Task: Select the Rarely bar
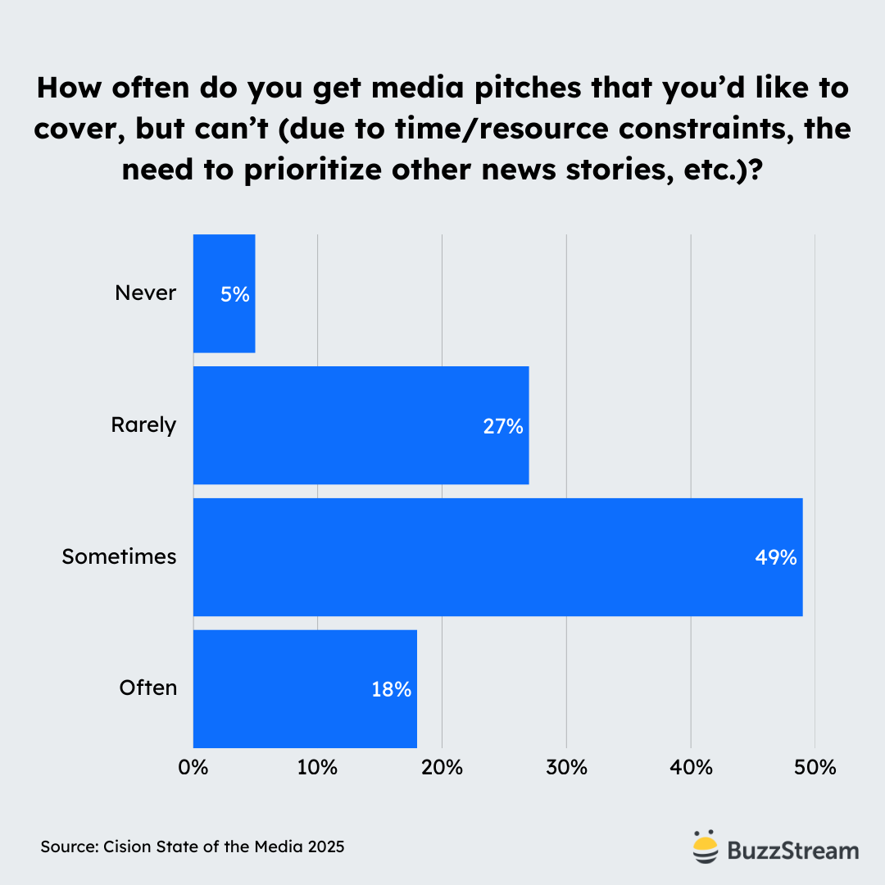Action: pyautogui.click(x=361, y=425)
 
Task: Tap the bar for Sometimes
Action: pyautogui.click(x=497, y=556)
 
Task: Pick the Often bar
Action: pyautogui.click(x=305, y=688)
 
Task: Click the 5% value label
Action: pyautogui.click(x=234, y=294)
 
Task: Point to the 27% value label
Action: pyautogui.click(x=502, y=426)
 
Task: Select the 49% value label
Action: pyautogui.click(x=776, y=557)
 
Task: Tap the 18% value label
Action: pyautogui.click(x=391, y=689)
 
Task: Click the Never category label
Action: pyautogui.click(x=146, y=293)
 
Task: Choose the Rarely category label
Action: pyautogui.click(x=144, y=425)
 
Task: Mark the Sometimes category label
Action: pyautogui.click(x=120, y=556)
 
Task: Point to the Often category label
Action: pyautogui.click(x=148, y=688)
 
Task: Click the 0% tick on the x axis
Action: pyautogui.click(x=193, y=768)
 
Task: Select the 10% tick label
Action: pyautogui.click(x=318, y=768)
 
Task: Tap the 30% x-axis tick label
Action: pyautogui.click(x=566, y=768)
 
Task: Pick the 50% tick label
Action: pyautogui.click(x=815, y=768)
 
